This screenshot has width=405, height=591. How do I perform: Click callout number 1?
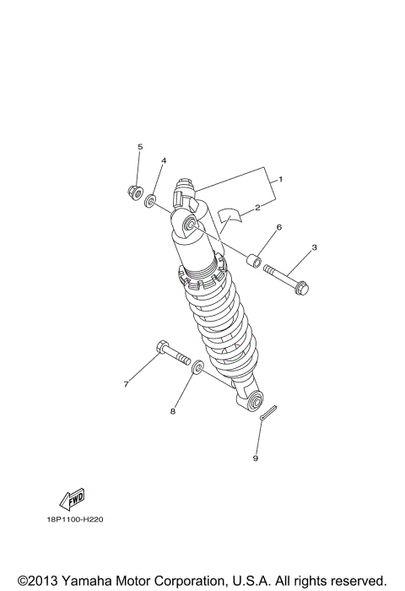280,180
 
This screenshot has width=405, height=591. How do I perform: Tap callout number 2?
256,207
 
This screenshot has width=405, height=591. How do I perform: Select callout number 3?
314,247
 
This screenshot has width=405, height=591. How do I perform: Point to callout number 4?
164,160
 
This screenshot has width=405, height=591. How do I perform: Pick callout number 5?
141,147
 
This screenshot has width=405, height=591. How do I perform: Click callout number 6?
278,227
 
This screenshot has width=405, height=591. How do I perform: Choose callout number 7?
126,384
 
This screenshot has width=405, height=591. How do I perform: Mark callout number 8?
172,412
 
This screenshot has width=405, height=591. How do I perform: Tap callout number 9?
255,458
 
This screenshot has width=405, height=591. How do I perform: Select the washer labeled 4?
150,201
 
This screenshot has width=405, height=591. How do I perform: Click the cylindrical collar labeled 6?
255,261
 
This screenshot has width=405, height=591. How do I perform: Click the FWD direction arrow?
72,498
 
